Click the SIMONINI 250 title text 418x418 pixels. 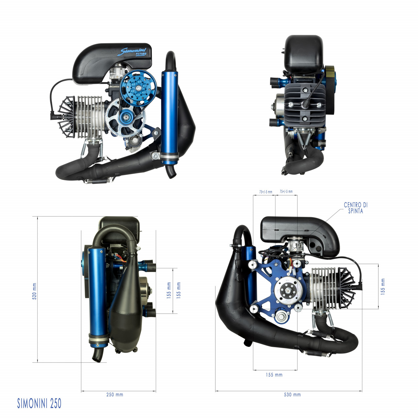click(x=39, y=403)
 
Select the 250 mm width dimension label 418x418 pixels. click(x=115, y=394)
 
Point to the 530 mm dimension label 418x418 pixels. click(x=292, y=394)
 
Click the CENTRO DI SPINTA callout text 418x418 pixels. click(x=355, y=208)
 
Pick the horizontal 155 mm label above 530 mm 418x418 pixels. click(x=274, y=375)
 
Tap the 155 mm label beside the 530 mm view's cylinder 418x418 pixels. click(x=383, y=286)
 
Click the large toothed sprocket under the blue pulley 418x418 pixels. click(x=126, y=118)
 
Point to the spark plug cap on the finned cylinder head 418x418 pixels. click(x=306, y=104)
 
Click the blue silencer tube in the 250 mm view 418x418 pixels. click(x=97, y=291)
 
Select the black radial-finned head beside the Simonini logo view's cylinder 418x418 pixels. click(x=67, y=117)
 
